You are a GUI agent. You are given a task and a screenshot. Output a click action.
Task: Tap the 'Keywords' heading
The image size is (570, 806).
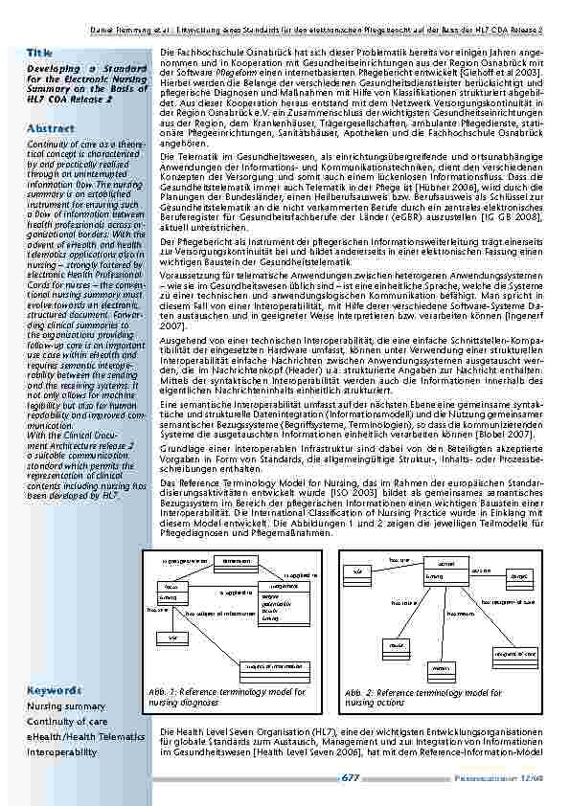coord(54,690)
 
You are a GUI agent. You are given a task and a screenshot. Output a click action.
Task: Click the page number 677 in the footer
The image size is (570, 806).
coord(351,778)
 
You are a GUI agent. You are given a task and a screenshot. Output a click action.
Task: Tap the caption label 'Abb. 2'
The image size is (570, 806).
coord(361,692)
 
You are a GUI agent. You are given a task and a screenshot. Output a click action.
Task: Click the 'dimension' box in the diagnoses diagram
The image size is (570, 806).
coord(231,560)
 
